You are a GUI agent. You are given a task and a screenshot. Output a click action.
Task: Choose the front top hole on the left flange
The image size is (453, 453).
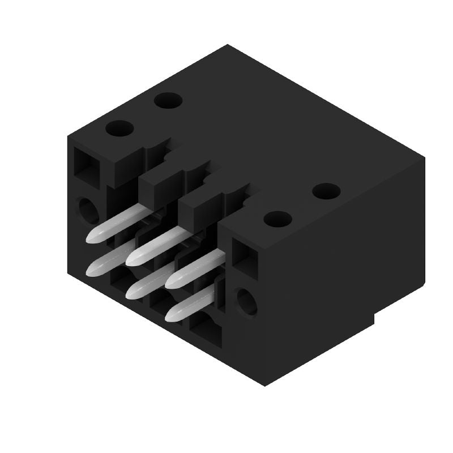[x=119, y=129]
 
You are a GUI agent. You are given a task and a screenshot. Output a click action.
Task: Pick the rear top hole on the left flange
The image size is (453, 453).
[x=168, y=101]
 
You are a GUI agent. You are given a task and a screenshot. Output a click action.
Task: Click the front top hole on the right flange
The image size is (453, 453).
[x=277, y=219]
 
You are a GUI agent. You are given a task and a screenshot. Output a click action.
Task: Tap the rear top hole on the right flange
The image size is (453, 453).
[x=326, y=191]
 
